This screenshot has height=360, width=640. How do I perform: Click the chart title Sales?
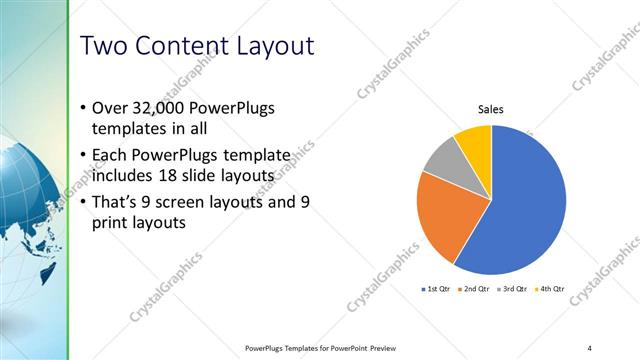coord(490,110)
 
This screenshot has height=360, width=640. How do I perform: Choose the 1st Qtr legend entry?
coord(435,289)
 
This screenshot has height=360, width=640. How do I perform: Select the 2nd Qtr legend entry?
coord(474,289)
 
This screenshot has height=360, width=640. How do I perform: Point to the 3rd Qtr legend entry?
coord(512,289)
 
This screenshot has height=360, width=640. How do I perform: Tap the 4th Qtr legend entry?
coord(550,289)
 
